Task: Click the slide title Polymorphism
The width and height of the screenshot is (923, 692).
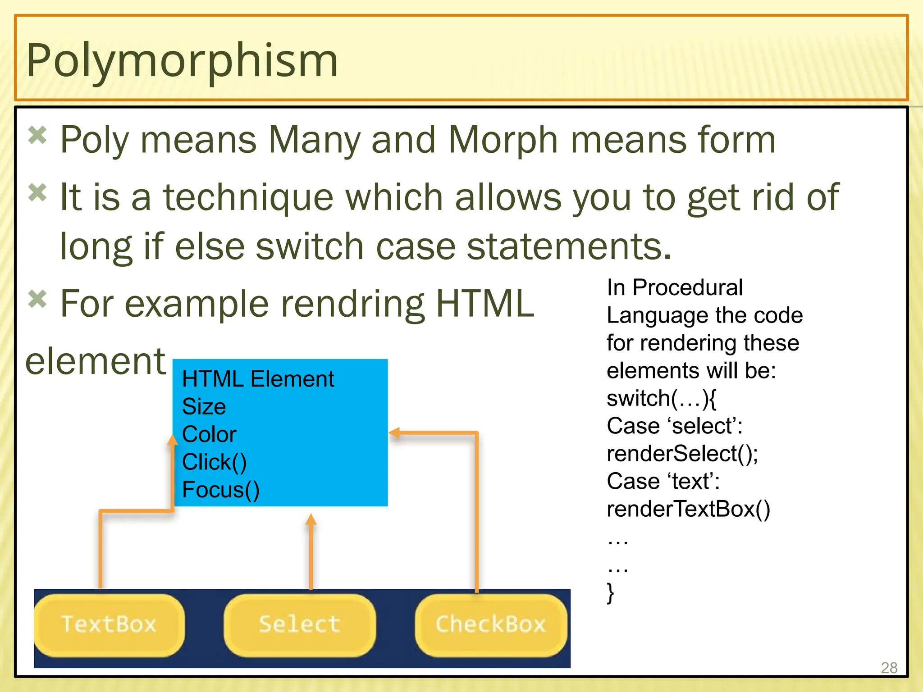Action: coord(182,60)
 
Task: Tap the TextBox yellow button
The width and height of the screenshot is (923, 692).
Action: coord(109,624)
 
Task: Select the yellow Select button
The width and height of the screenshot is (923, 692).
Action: coord(299,624)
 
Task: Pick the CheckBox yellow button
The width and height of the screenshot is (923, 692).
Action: coord(490,624)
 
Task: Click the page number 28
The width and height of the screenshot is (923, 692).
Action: coord(889,668)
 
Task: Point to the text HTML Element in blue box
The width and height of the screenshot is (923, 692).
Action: coord(258,379)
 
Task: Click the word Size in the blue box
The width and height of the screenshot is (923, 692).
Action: coord(204,407)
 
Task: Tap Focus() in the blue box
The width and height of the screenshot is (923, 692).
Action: coord(221,490)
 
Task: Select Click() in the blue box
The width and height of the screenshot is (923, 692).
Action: coord(215,462)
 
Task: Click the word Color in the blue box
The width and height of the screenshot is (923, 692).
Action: coord(209,435)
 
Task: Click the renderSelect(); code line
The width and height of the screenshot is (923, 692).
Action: coord(682,454)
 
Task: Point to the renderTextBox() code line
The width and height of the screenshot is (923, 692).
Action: coord(688,509)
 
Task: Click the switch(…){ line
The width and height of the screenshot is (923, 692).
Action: coord(661,398)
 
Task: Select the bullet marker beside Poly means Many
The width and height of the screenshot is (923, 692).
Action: coord(37,135)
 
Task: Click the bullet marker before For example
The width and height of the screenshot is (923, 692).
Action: coord(37,299)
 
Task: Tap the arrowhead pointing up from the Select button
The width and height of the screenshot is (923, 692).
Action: coord(311,520)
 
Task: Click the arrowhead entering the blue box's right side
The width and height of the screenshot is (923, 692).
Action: coord(394,433)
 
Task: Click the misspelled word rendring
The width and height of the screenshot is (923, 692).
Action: coord(352,304)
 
